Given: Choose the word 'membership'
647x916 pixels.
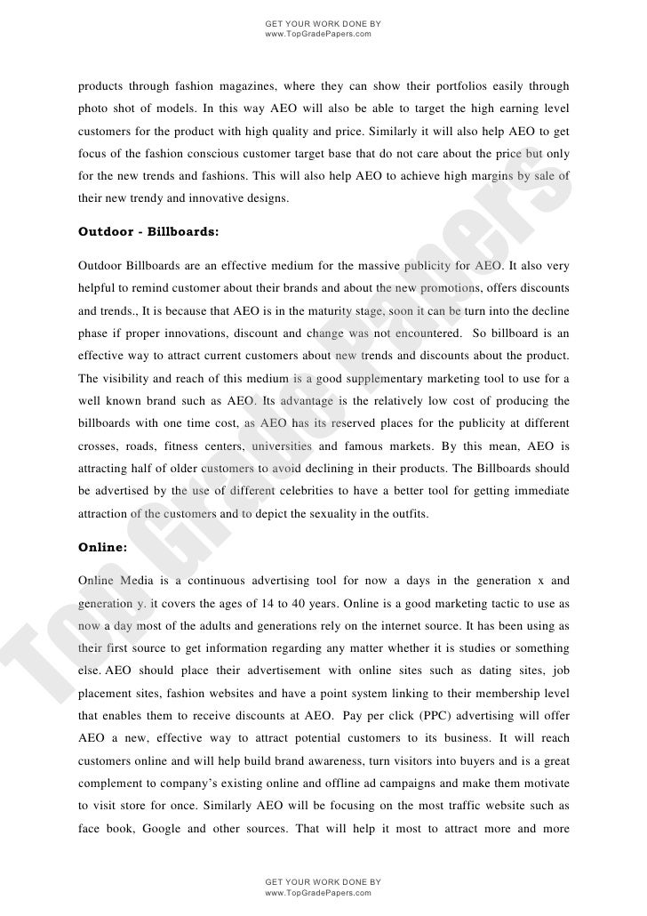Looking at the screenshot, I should coord(488,667).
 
